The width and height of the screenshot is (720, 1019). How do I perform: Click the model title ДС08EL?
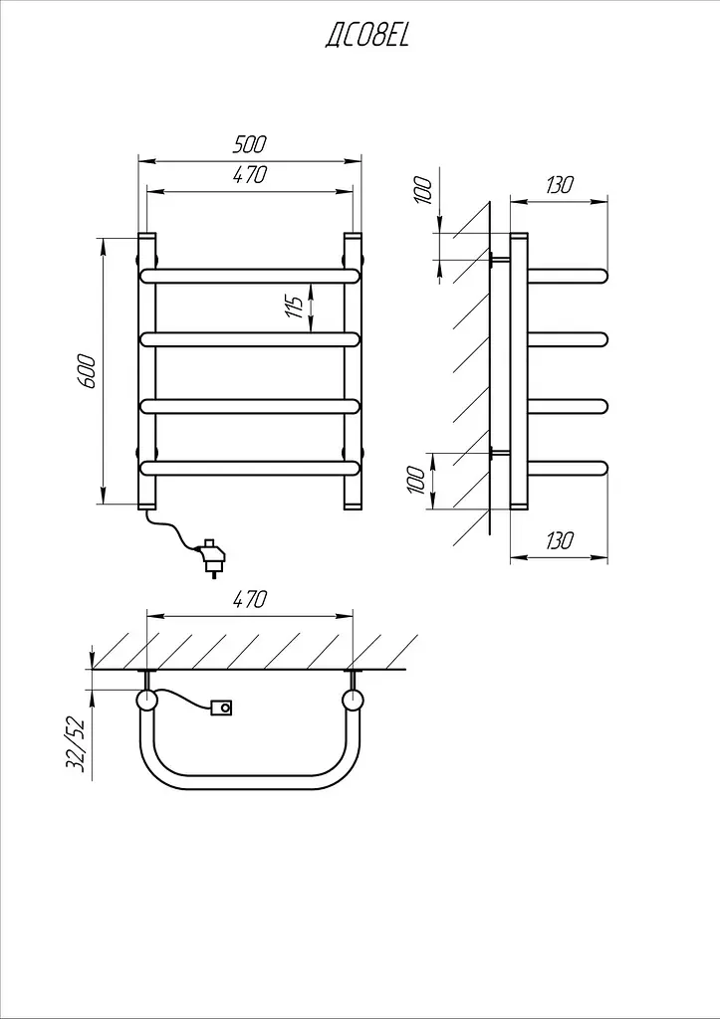tap(366, 35)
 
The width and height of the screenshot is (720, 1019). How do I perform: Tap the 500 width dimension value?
tap(250, 144)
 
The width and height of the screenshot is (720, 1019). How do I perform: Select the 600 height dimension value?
tap(88, 371)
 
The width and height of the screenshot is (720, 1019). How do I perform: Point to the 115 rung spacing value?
tap(296, 306)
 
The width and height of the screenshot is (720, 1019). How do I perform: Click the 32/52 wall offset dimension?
tap(76, 742)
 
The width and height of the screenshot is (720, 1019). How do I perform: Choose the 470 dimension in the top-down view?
tap(250, 598)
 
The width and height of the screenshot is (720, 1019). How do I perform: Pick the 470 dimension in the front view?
tap(250, 175)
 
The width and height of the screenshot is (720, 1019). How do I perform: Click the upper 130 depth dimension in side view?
tap(560, 185)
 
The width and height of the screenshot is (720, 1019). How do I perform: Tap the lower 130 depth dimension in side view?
tap(560, 540)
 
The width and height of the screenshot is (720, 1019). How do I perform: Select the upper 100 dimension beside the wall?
tap(423, 189)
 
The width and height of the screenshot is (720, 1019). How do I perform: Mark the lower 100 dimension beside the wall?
tap(417, 481)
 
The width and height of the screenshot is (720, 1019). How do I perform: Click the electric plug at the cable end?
tap(213, 557)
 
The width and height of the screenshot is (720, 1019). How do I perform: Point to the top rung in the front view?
tap(250, 276)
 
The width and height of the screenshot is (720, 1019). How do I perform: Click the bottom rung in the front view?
tap(250, 468)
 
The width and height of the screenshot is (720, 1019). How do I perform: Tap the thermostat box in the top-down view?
tap(222, 708)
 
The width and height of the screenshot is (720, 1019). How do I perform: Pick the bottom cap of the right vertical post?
tap(353, 505)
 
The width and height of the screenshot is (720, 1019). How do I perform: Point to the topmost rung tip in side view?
tap(602, 276)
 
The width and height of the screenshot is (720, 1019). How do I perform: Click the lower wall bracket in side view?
tap(500, 454)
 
